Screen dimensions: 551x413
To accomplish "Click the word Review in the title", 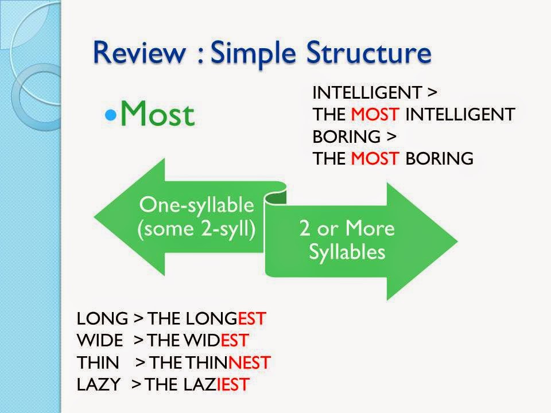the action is click(139, 52).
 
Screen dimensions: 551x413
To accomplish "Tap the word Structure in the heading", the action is click(368, 52).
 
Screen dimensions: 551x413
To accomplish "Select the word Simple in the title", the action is click(253, 53).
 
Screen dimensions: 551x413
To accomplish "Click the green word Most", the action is click(157, 113).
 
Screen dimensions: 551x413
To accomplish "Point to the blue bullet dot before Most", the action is click(111, 115).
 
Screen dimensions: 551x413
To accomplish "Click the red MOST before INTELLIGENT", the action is click(375, 115).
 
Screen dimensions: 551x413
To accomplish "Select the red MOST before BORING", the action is click(375, 158).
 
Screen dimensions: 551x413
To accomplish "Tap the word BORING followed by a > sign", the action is click(347, 137).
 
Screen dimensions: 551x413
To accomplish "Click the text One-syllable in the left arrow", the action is click(196, 205).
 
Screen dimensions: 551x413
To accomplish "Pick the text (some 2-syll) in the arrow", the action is click(196, 229).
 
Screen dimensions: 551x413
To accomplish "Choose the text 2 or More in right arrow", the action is click(347, 228).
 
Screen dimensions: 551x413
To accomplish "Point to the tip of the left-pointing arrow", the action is click(95, 217).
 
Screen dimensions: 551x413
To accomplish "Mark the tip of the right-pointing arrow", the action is click(457, 241).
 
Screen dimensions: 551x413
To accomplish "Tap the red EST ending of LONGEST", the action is click(252, 318).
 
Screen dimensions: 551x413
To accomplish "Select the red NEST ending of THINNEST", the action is click(249, 363).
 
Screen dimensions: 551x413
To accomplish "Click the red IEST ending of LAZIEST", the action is click(232, 384).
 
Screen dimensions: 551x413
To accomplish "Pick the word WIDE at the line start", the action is click(100, 340).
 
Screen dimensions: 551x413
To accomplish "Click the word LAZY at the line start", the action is click(99, 384).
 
